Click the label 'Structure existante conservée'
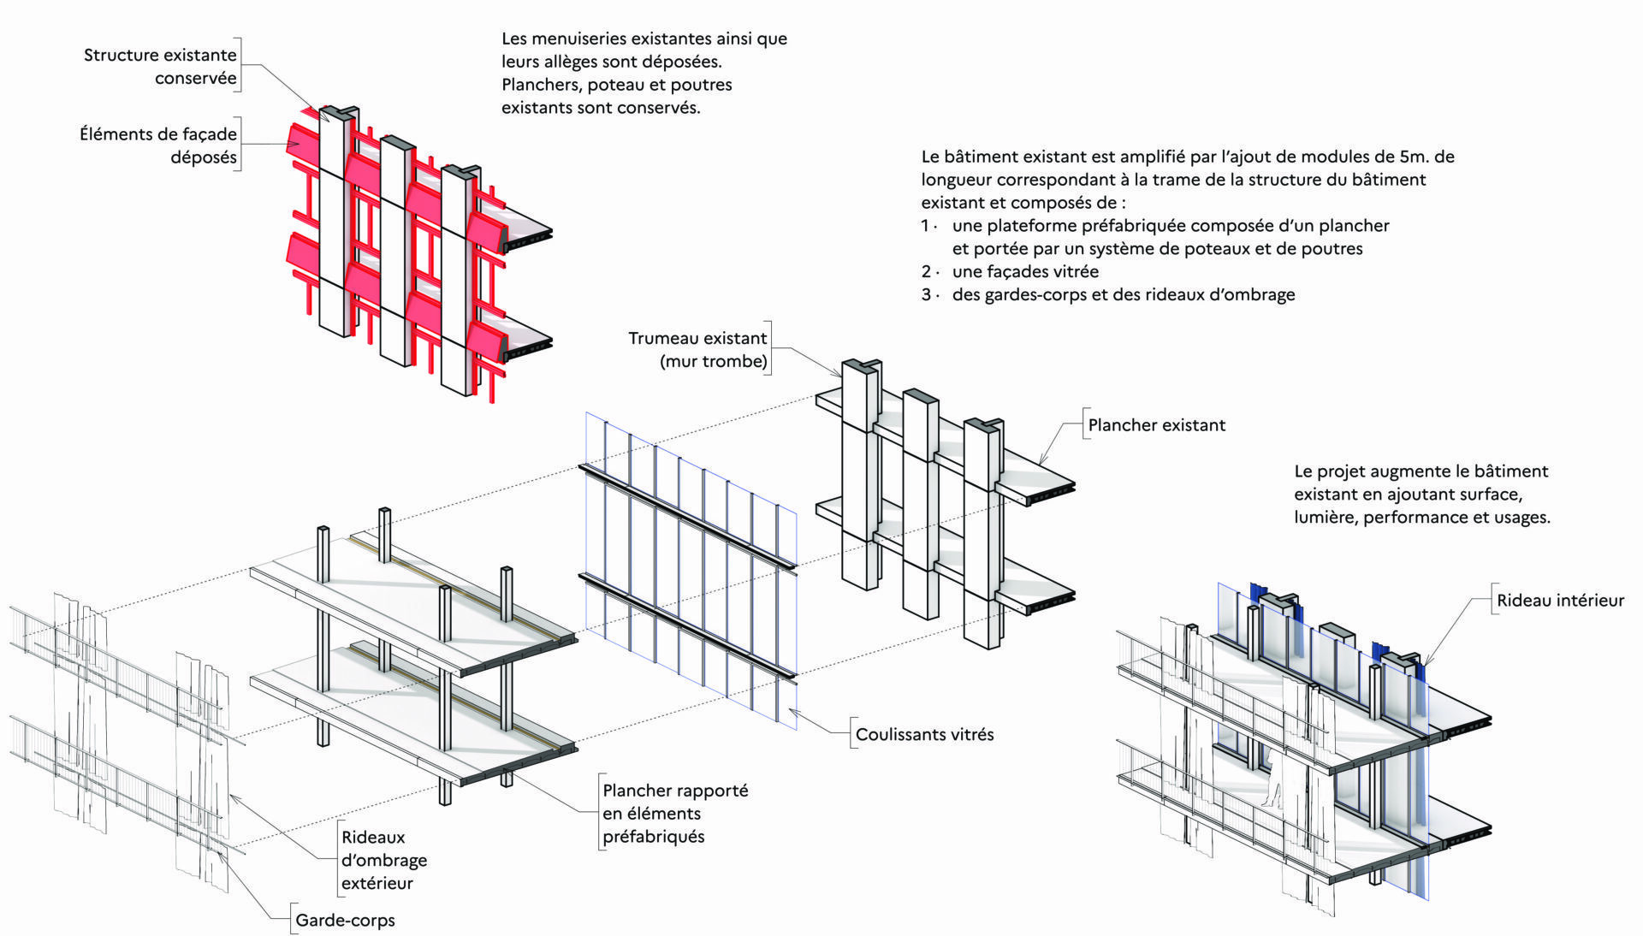pos(160,66)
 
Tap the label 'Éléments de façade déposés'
pos(158,145)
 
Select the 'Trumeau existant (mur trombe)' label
pos(697,349)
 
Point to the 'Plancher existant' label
pos(1156,425)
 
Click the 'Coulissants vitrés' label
pos(924,734)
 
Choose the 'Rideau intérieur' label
pos(1560,601)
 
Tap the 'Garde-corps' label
pos(345,921)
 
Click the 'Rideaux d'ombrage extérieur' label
pos(383,860)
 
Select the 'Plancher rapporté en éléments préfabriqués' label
pos(674,814)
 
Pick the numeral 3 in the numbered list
pos(926,295)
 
